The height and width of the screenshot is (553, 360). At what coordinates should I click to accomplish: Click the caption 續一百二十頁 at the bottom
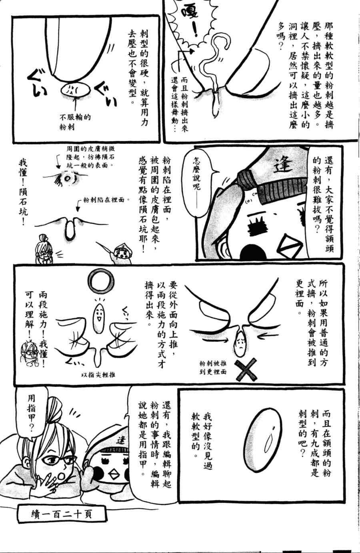click(x=61, y=513)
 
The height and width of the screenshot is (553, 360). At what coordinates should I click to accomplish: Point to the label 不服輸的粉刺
click(x=75, y=122)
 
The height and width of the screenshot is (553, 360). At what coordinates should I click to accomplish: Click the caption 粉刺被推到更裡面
click(x=213, y=367)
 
